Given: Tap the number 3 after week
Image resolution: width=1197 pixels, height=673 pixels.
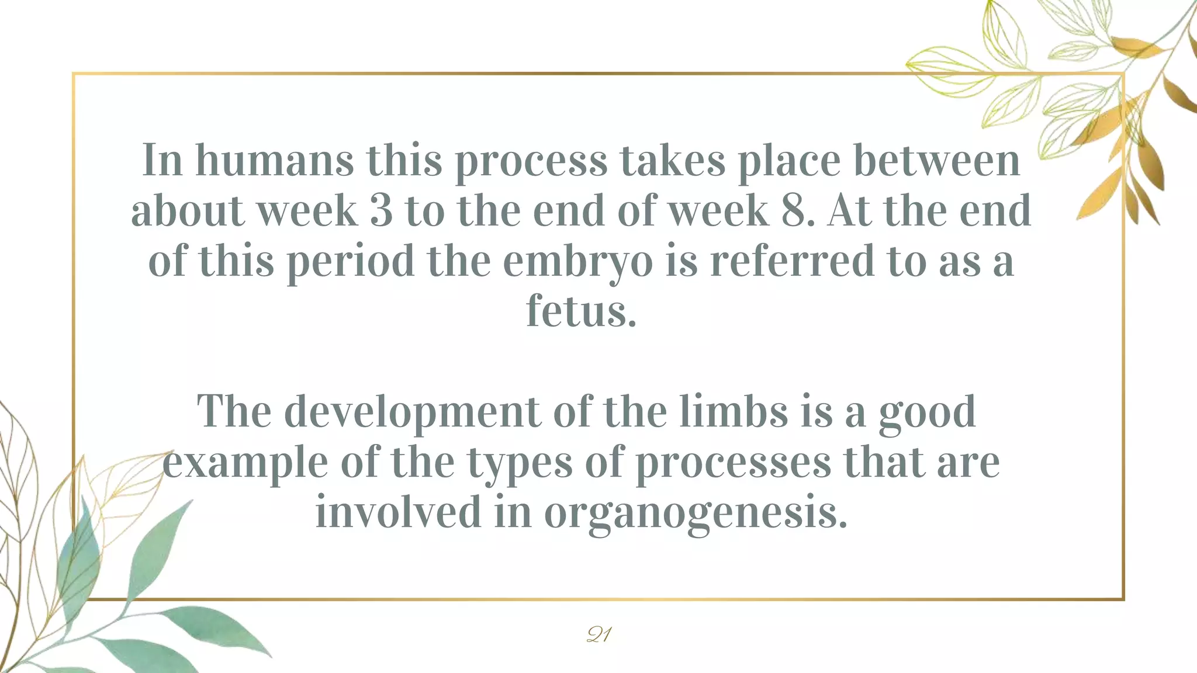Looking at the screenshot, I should point(381,210).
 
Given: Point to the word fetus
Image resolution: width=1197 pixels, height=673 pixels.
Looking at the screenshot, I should point(581,311).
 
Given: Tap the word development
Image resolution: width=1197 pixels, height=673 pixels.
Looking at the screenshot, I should point(412,412).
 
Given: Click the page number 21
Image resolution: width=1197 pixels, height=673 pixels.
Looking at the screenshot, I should point(598,634).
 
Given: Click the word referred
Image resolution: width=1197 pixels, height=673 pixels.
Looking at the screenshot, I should point(792,261).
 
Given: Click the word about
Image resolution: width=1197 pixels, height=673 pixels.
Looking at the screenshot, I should point(187,210).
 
